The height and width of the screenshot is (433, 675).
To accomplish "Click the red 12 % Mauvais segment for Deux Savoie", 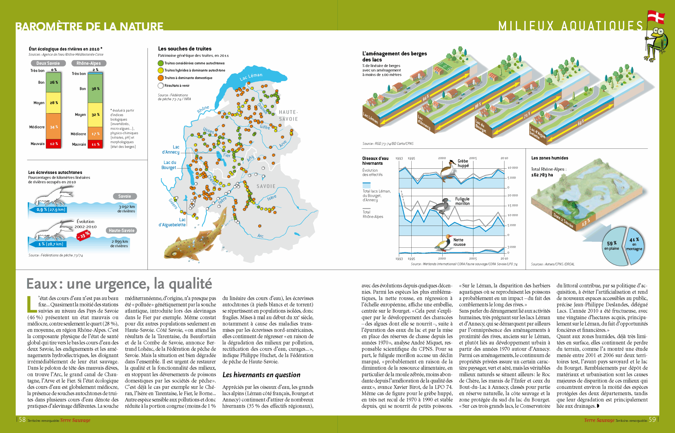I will (54, 144).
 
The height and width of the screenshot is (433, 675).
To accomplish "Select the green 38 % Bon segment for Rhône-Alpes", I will (95, 88).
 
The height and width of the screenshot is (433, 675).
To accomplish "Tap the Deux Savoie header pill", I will (48, 63).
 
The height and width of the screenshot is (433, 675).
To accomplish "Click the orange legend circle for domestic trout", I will (161, 78).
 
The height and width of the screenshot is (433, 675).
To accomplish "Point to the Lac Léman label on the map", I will (251, 77).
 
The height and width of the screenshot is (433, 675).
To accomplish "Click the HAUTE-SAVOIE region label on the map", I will (288, 116).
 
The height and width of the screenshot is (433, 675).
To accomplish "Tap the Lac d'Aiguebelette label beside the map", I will (172, 222).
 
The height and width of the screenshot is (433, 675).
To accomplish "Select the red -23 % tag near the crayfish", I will (83, 235).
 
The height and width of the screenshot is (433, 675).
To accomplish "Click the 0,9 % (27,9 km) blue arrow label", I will (51, 210).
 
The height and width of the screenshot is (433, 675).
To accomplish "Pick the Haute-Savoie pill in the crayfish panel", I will (121, 231).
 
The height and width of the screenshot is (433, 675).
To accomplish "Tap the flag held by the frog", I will (656, 17).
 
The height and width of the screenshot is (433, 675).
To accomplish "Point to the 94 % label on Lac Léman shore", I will (426, 98).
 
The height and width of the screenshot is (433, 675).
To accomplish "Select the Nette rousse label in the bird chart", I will (459, 242).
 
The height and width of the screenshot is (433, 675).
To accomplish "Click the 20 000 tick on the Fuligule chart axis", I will (513, 195).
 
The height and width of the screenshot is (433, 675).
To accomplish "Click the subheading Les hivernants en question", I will (261, 375).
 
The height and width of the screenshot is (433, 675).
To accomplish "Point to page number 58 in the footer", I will (22, 420).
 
